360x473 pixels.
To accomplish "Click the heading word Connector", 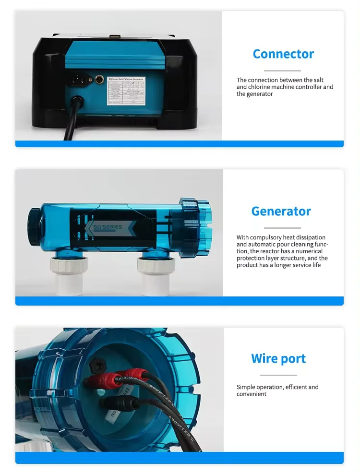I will click(283, 54).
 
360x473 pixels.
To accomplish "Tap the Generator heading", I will click(281, 211).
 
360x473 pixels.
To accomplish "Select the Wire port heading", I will click(278, 358).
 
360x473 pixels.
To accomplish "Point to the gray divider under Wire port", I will click(278, 375).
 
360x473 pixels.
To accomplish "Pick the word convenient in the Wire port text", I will click(252, 394).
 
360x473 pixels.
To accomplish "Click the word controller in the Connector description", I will click(309, 87).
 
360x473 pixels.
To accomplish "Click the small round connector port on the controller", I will click(99, 79).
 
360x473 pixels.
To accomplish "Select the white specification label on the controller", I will click(127, 90).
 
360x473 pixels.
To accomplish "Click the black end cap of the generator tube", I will click(35, 225).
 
